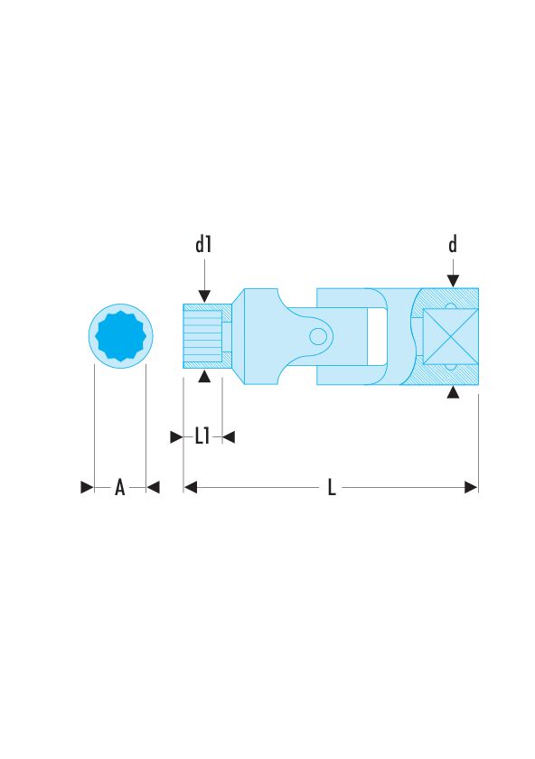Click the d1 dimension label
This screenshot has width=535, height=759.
[203, 245]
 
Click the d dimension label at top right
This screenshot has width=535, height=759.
[453, 244]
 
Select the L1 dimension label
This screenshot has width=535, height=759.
[202, 436]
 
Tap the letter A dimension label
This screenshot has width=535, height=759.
[119, 487]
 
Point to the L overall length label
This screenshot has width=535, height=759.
[332, 487]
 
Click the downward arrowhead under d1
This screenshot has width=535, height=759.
[204, 295]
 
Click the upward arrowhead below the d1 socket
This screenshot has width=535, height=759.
[204, 376]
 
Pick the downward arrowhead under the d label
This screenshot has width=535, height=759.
[453, 281]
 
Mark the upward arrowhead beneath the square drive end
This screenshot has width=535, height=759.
[453, 392]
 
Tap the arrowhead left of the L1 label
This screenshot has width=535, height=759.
[177, 437]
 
